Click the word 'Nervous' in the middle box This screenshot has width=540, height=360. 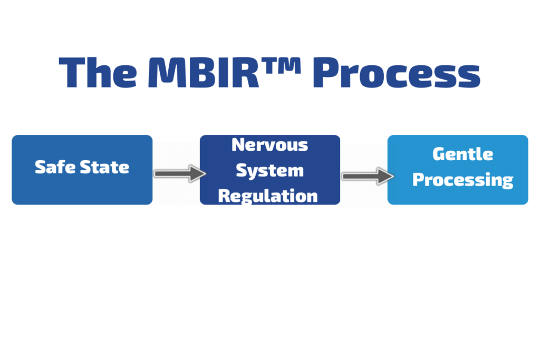tap(269, 144)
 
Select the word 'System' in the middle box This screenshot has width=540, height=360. tap(269, 170)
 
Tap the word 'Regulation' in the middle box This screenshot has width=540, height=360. tap(268, 196)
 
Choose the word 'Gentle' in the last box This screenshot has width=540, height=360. tap(462, 154)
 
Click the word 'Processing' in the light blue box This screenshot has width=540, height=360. tap(462, 180)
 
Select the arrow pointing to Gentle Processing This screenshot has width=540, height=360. tap(367, 176)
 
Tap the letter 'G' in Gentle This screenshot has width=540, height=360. tap(439, 154)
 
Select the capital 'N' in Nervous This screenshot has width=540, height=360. tap(238, 144)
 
